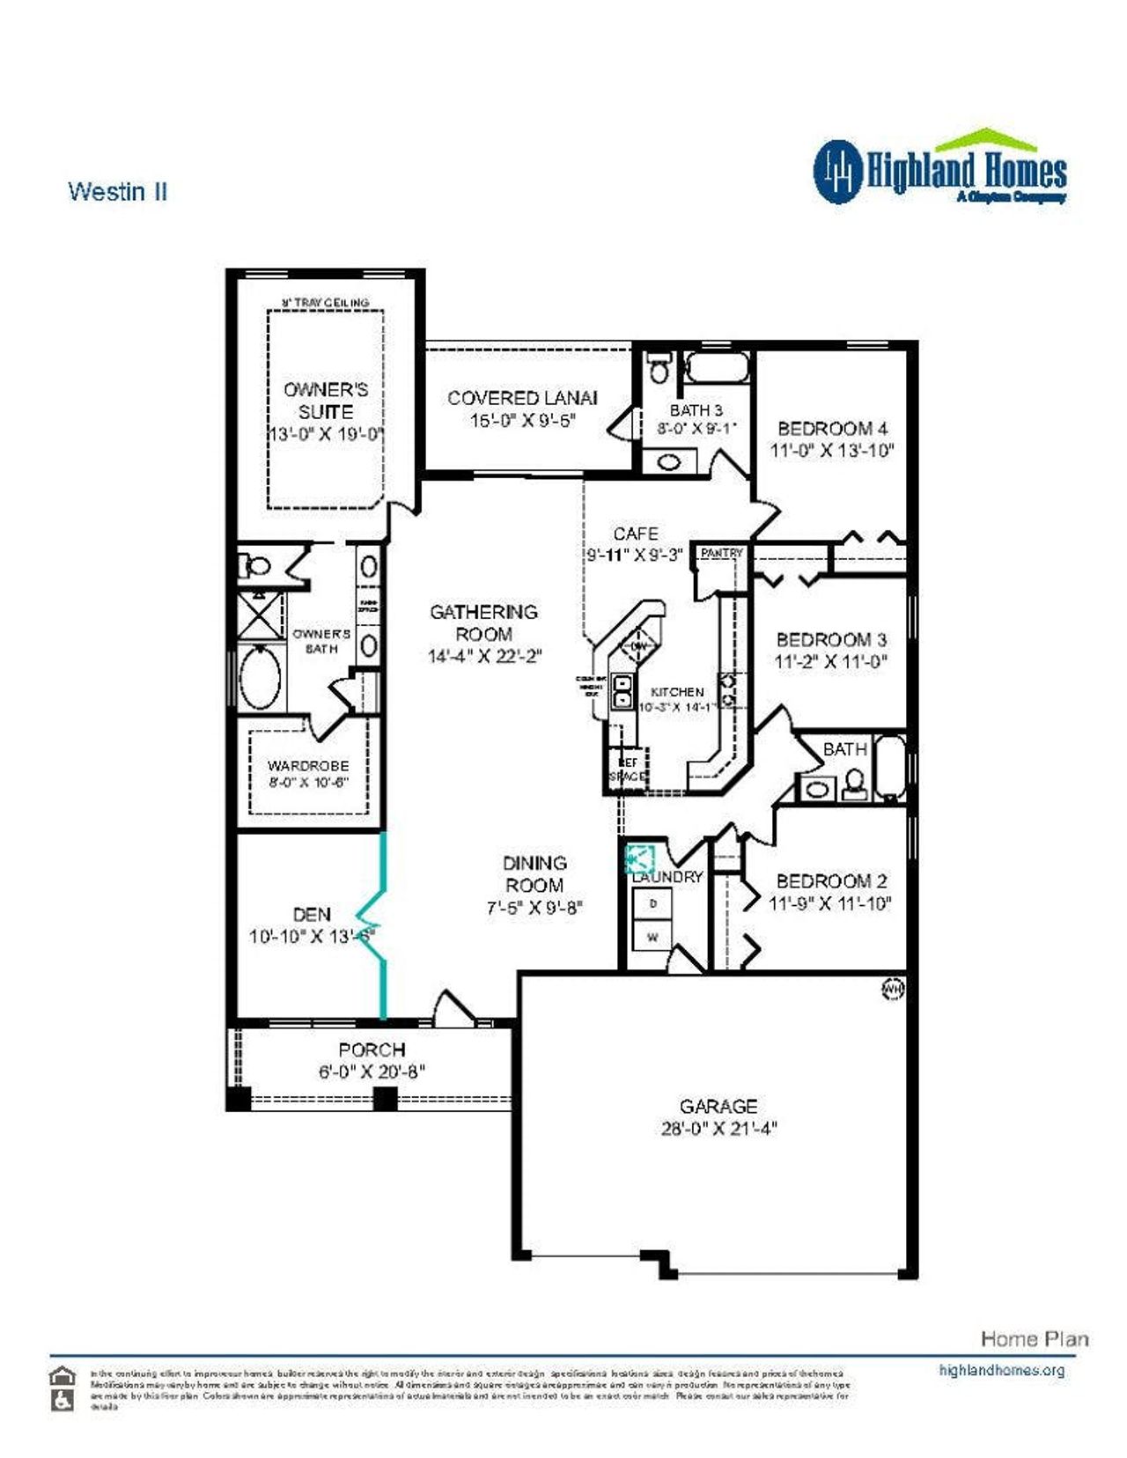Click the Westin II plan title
[x=118, y=192]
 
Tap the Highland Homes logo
[x=939, y=169]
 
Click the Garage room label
[x=718, y=1106]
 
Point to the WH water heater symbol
[x=892, y=990]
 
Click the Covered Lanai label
[x=522, y=398]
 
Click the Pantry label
[x=721, y=553]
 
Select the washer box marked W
[x=652, y=937]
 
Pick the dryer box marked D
[x=652, y=903]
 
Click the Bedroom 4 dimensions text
[x=832, y=451]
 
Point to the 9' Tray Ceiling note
[x=325, y=302]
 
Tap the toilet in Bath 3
[x=657, y=367]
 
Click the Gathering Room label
[x=483, y=622]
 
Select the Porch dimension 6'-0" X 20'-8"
[x=372, y=1072]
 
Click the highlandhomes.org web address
[x=1001, y=1370]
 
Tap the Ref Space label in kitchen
[x=628, y=769]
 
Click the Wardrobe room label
[x=308, y=766]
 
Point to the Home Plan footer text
[x=1035, y=1339]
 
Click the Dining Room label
[x=534, y=873]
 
